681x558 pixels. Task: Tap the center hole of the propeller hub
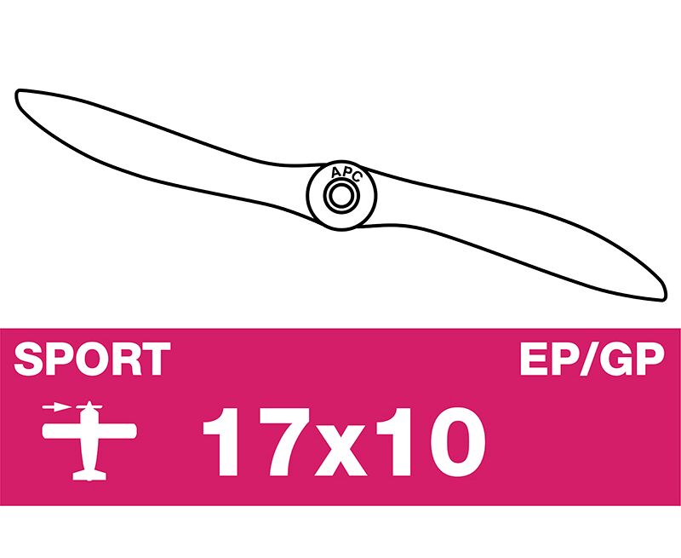(x=341, y=196)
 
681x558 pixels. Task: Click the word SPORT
(x=92, y=359)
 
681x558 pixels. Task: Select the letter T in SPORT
(x=156, y=359)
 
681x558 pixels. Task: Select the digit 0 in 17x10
(x=456, y=442)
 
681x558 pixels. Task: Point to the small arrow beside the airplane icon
(x=57, y=407)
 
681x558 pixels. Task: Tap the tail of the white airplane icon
(x=89, y=475)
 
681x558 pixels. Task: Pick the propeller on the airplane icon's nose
(x=89, y=406)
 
